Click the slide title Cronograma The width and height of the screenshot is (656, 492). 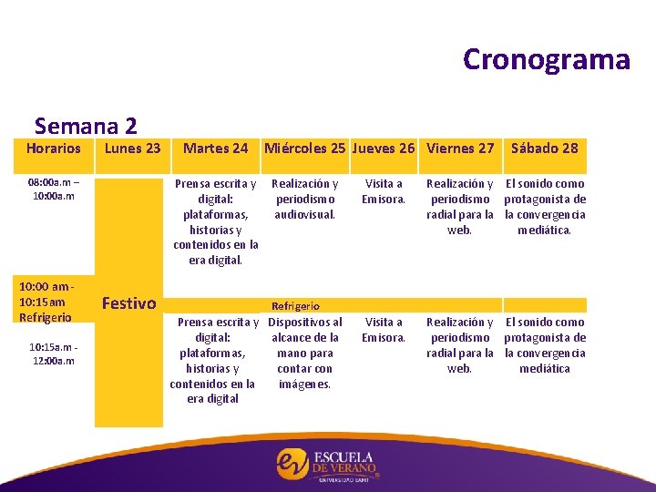[x=546, y=59]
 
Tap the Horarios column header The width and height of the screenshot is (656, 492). [x=53, y=148]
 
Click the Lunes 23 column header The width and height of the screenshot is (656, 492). [x=132, y=148]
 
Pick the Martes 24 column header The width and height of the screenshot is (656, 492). [x=215, y=148]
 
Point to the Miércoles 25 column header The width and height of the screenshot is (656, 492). [x=304, y=148]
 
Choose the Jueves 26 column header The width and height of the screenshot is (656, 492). [x=383, y=148]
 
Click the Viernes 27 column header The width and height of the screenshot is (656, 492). [x=460, y=148]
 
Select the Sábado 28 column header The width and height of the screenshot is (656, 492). [x=544, y=148]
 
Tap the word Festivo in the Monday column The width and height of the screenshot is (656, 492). [x=128, y=302]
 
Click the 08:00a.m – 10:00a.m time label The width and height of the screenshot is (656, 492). [x=51, y=190]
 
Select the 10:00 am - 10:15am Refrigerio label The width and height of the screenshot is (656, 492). [x=48, y=302]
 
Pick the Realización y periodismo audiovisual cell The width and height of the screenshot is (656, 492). [x=304, y=199]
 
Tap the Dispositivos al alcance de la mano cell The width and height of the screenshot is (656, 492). [x=305, y=353]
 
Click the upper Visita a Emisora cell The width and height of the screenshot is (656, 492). [x=383, y=191]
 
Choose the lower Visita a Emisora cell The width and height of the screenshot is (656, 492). [x=383, y=330]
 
